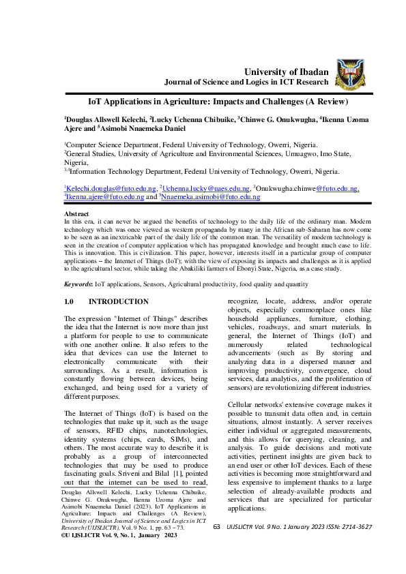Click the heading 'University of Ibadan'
(286, 72)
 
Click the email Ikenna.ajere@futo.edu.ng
(105, 196)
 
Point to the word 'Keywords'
(77, 283)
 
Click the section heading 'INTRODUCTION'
(119, 301)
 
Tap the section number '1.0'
(68, 301)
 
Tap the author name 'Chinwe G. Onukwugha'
(282, 118)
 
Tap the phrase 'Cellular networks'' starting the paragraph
(261, 406)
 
